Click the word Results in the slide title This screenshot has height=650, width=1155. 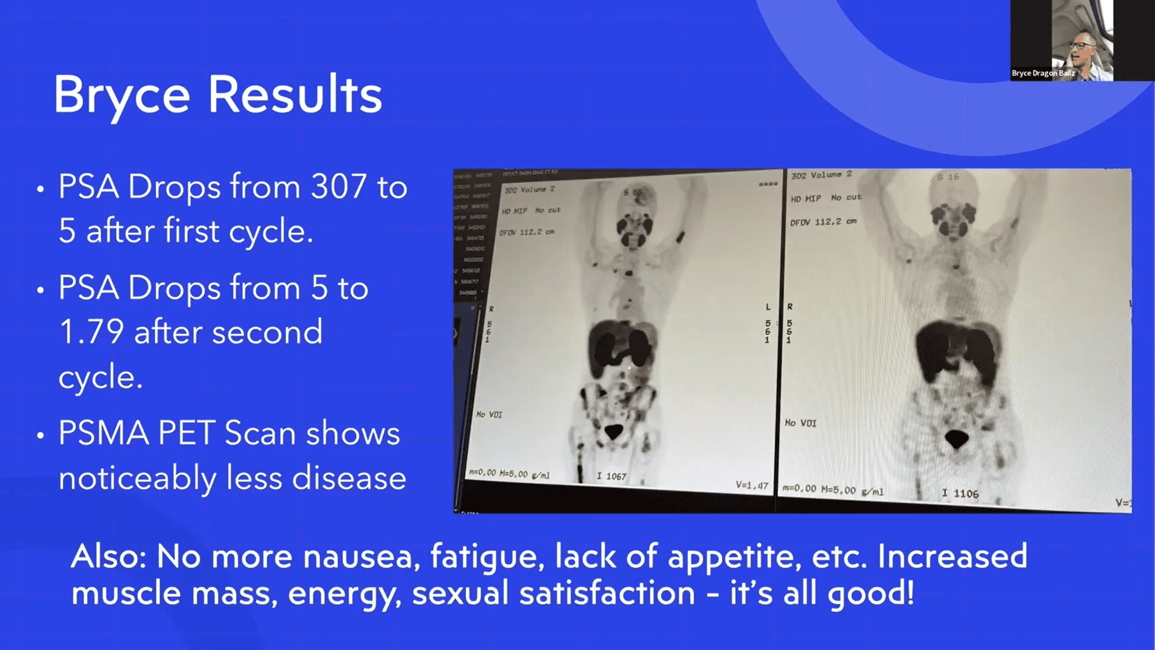[295, 95]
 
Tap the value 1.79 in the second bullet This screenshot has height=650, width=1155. [91, 332]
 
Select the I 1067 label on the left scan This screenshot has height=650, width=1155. [612, 476]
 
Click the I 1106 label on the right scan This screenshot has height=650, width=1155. [960, 494]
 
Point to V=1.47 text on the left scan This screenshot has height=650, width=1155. [752, 485]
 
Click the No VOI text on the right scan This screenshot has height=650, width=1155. [801, 423]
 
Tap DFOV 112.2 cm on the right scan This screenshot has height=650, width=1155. [823, 222]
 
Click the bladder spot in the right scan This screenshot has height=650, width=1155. [956, 438]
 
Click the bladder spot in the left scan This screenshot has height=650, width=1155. [614, 432]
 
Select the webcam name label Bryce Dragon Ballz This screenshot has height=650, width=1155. [1043, 73]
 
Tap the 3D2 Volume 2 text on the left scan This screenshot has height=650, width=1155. [529, 190]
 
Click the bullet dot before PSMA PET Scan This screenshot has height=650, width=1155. [40, 435]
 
